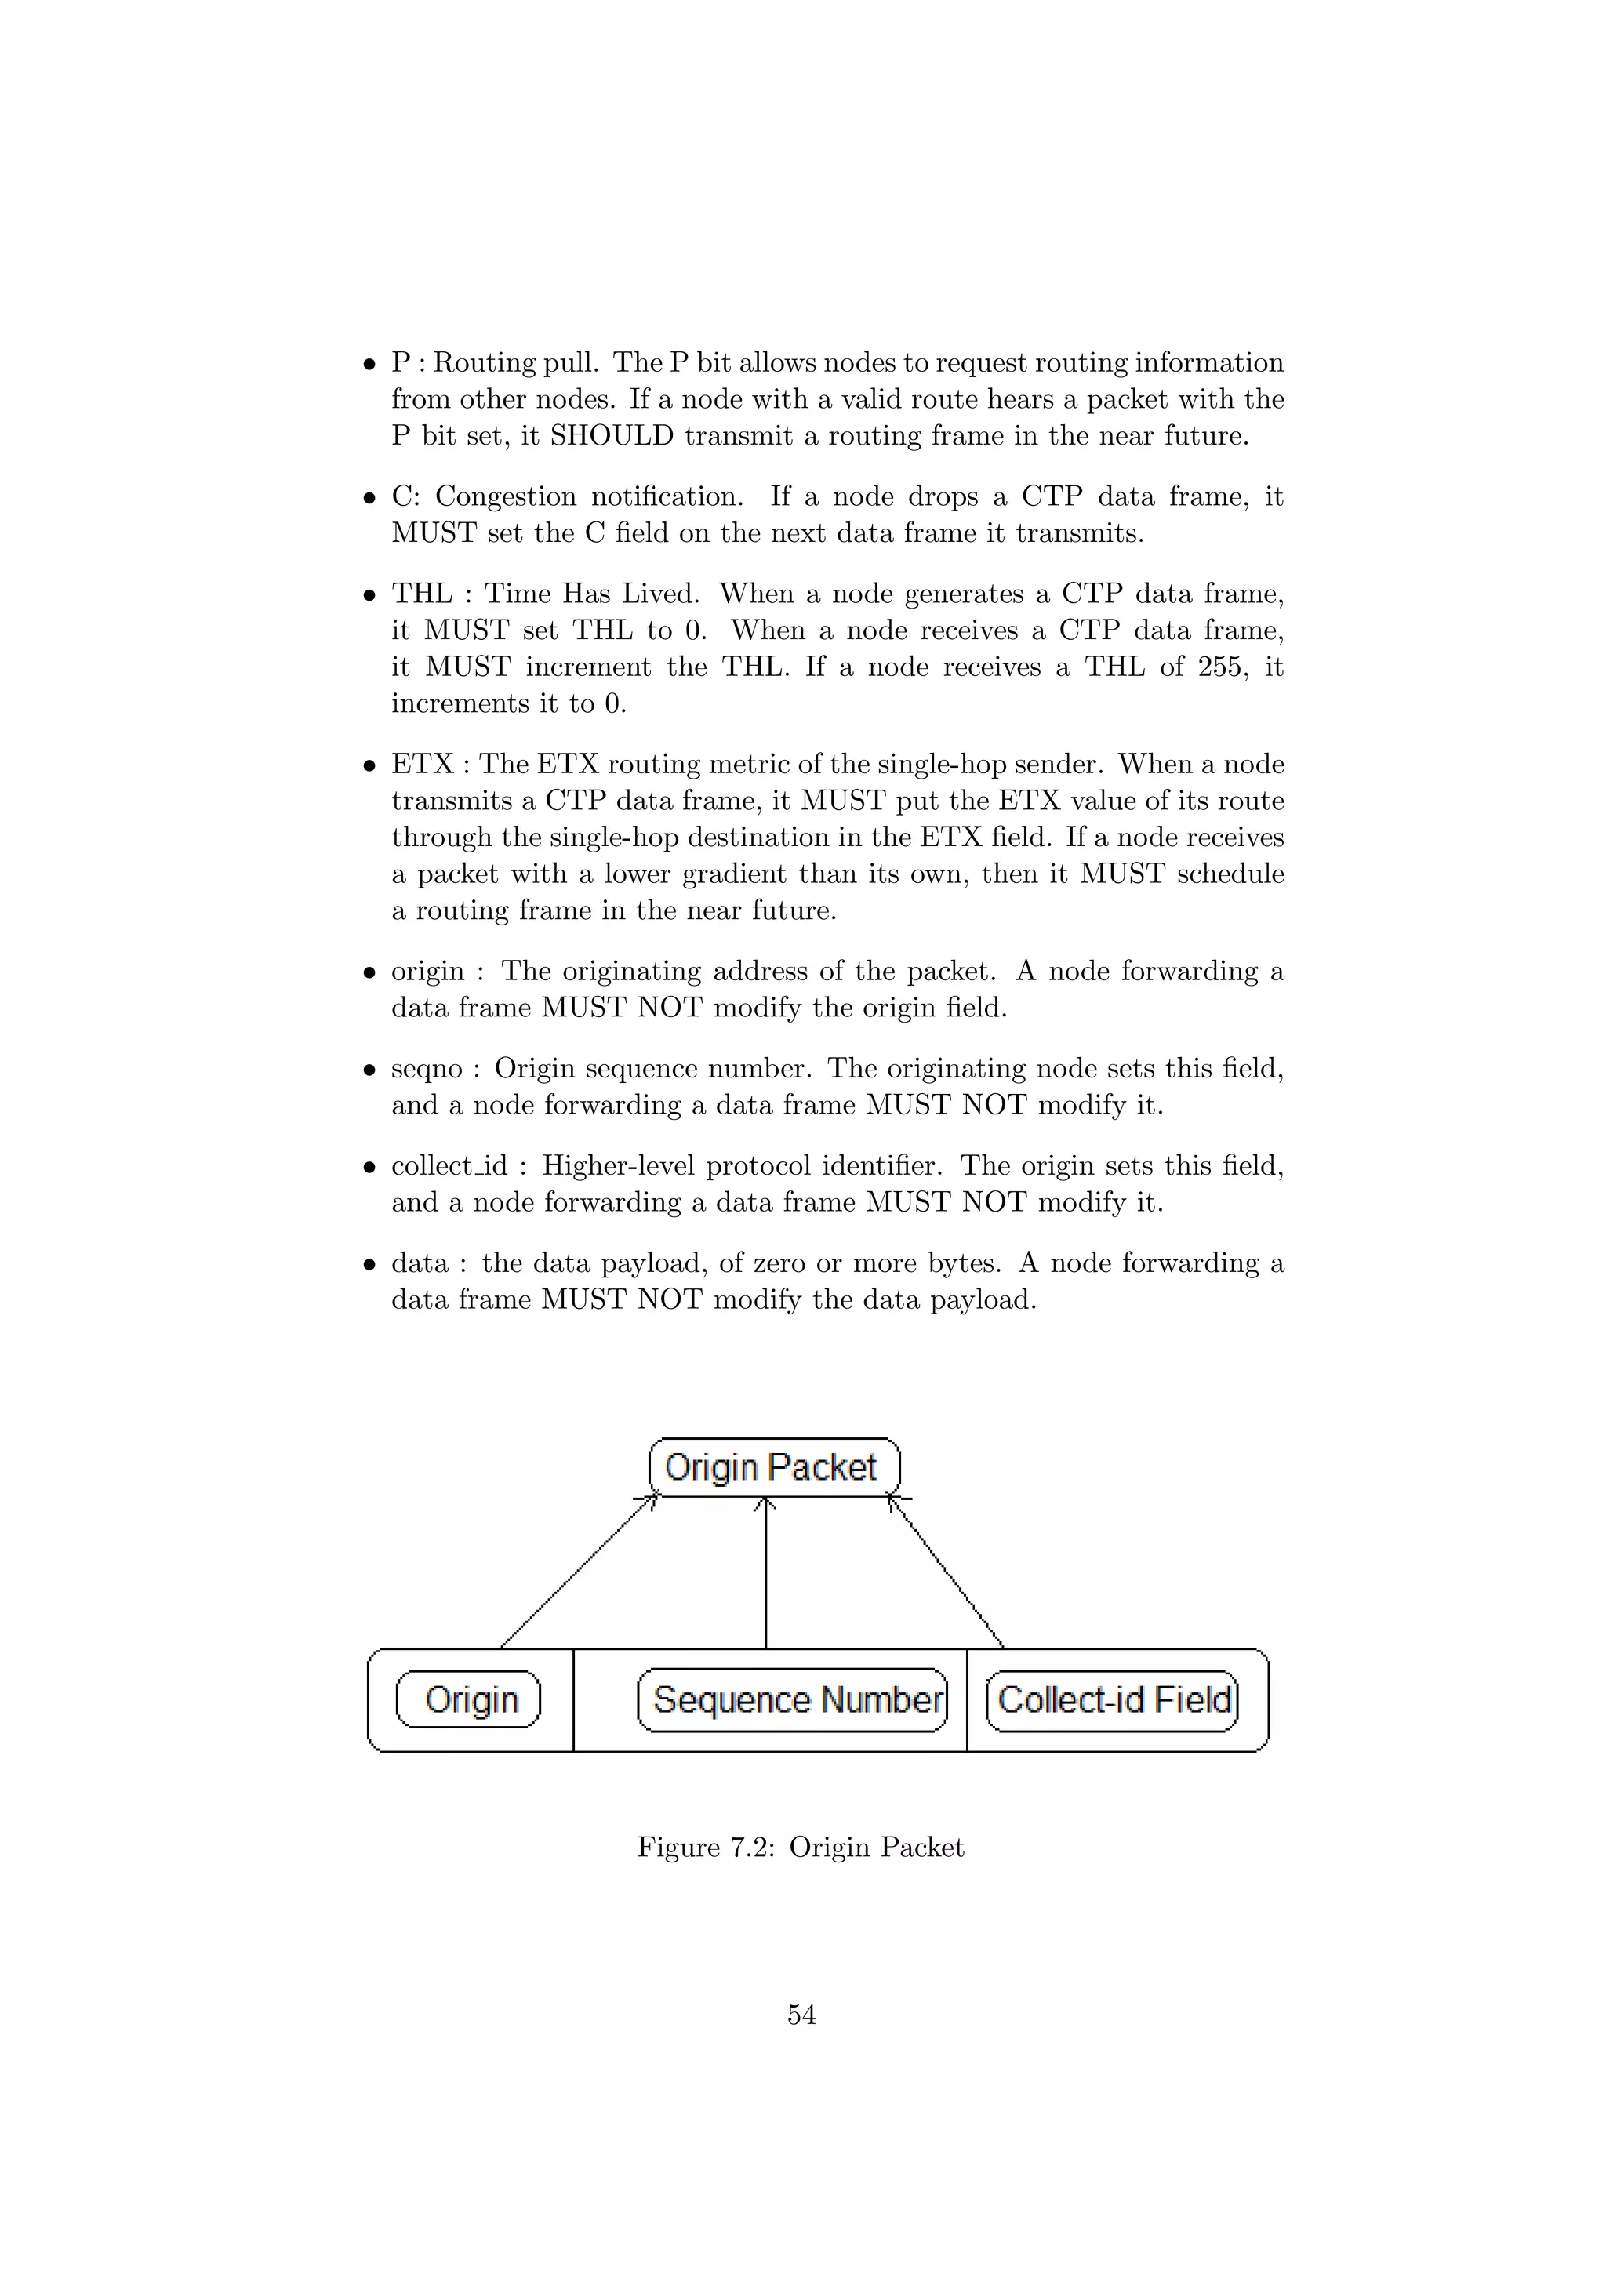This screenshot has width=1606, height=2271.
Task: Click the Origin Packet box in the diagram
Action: pyautogui.click(x=773, y=1468)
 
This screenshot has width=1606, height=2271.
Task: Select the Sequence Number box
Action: pyautogui.click(x=792, y=1699)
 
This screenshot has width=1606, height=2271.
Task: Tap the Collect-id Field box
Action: pyautogui.click(x=1113, y=1699)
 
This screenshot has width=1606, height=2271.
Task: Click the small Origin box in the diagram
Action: pyautogui.click(x=469, y=1699)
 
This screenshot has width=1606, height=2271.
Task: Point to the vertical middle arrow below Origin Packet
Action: pyautogui.click(x=765, y=1573)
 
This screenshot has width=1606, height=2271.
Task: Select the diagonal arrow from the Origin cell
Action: pyautogui.click(x=579, y=1573)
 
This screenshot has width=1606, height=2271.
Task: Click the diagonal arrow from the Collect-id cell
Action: pyautogui.click(x=947, y=1573)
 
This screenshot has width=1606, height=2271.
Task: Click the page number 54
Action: pyautogui.click(x=801, y=2015)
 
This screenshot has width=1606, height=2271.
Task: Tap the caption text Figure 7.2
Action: pyautogui.click(x=705, y=1848)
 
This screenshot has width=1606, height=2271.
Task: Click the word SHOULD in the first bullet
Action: pyautogui.click(x=611, y=436)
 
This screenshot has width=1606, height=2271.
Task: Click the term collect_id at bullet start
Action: pyautogui.click(x=449, y=1166)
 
